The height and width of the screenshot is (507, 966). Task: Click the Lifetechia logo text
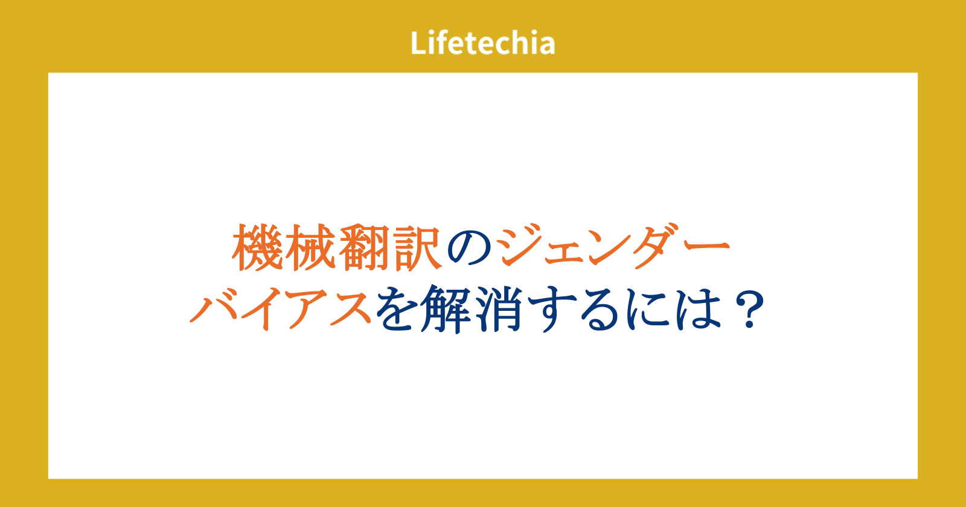click(482, 43)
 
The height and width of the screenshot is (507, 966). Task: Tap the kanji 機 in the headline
click(257, 247)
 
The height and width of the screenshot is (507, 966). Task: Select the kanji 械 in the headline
click(309, 247)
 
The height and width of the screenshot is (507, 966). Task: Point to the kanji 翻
click(363, 247)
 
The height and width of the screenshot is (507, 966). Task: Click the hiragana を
click(397, 309)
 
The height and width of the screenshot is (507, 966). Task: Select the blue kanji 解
click(446, 309)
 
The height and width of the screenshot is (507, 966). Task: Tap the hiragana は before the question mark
click(699, 309)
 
